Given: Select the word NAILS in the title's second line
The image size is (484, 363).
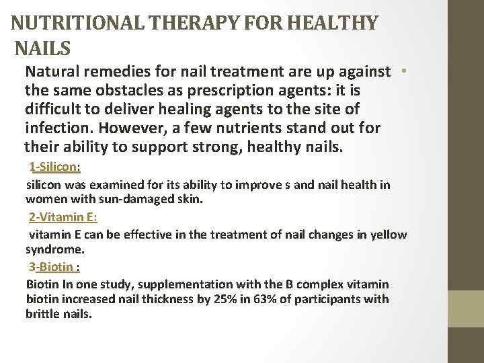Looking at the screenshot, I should pyautogui.click(x=42, y=49).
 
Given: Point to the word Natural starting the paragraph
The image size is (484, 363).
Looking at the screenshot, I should pyautogui.click(x=50, y=71).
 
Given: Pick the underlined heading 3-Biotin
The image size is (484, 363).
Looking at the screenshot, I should pyautogui.click(x=54, y=266).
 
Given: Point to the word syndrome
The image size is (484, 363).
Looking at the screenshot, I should pyautogui.click(x=54, y=249).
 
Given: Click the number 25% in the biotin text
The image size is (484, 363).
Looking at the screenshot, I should pyautogui.click(x=223, y=299).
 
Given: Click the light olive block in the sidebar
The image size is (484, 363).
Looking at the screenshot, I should pyautogui.click(x=466, y=309).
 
